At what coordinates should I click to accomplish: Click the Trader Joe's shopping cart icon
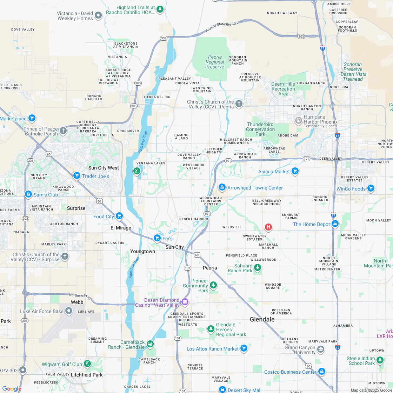(76, 175)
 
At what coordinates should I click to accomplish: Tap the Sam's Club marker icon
(28, 194)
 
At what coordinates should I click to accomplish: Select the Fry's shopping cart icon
(157, 238)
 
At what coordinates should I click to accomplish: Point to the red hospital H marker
(268, 227)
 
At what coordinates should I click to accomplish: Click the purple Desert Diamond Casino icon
(185, 302)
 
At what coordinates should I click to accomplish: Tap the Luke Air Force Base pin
(69, 311)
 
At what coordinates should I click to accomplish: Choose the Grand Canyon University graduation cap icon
(320, 349)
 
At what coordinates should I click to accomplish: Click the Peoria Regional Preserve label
(215, 62)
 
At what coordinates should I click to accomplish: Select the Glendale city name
(262, 319)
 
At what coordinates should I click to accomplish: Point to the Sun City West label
(104, 168)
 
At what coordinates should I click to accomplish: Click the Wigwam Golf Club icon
(87, 364)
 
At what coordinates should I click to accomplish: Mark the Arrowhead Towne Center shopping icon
(222, 187)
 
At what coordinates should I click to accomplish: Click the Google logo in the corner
(12, 389)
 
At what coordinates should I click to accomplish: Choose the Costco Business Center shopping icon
(321, 372)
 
